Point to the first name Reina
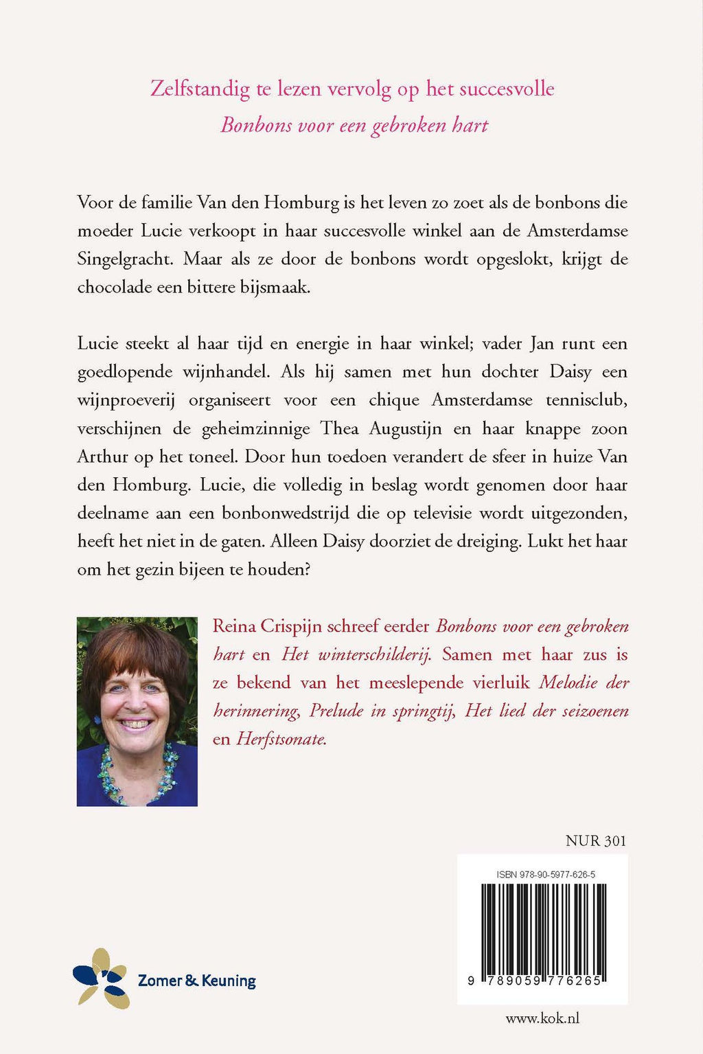(x=233, y=626)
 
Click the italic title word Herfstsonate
(x=280, y=739)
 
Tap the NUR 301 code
(x=596, y=840)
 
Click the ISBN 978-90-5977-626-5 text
(x=545, y=874)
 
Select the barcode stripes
(x=543, y=927)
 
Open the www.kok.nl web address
(x=542, y=1018)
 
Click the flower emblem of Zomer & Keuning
(x=102, y=978)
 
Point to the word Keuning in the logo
(x=229, y=981)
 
